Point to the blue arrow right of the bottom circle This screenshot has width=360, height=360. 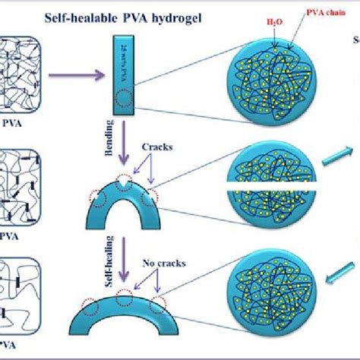pos(343,270)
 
